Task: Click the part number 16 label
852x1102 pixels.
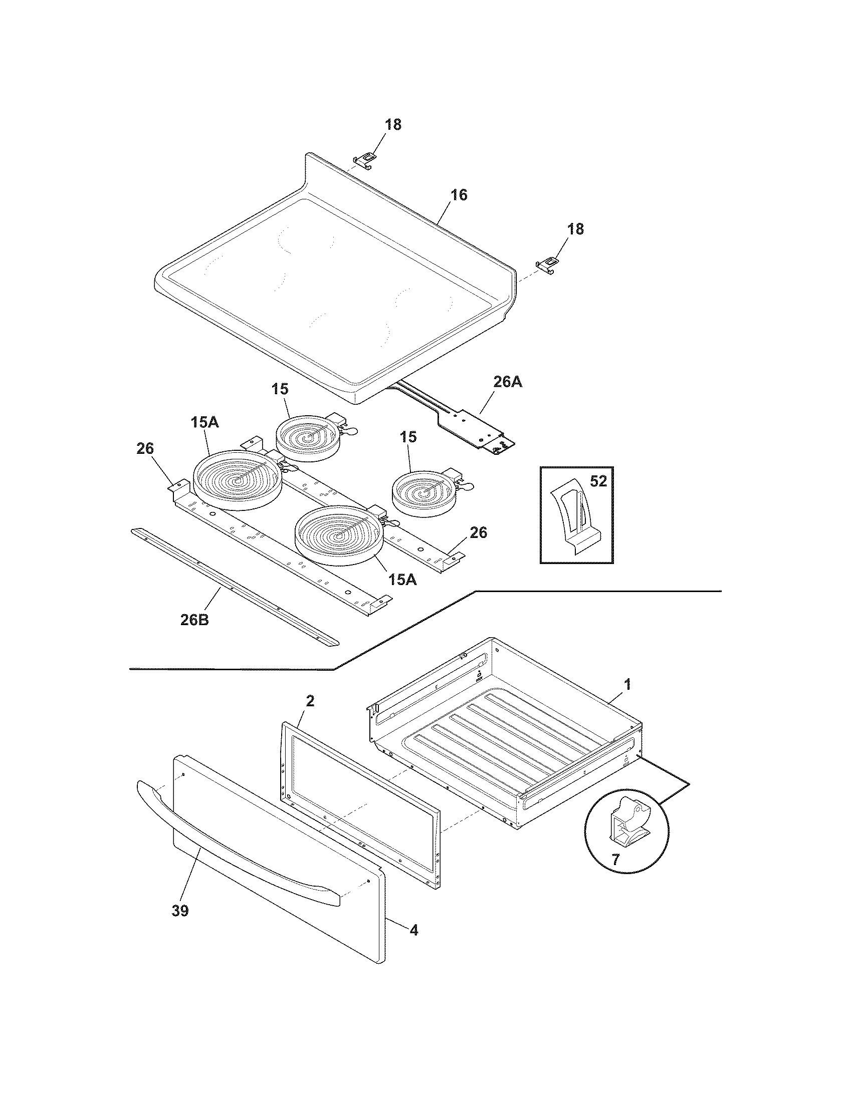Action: point(458,195)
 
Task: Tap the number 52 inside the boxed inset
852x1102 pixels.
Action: point(598,481)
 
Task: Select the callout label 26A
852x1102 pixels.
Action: point(508,382)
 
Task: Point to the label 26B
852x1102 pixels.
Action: point(194,620)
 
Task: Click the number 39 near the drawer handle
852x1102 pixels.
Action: point(180,911)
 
